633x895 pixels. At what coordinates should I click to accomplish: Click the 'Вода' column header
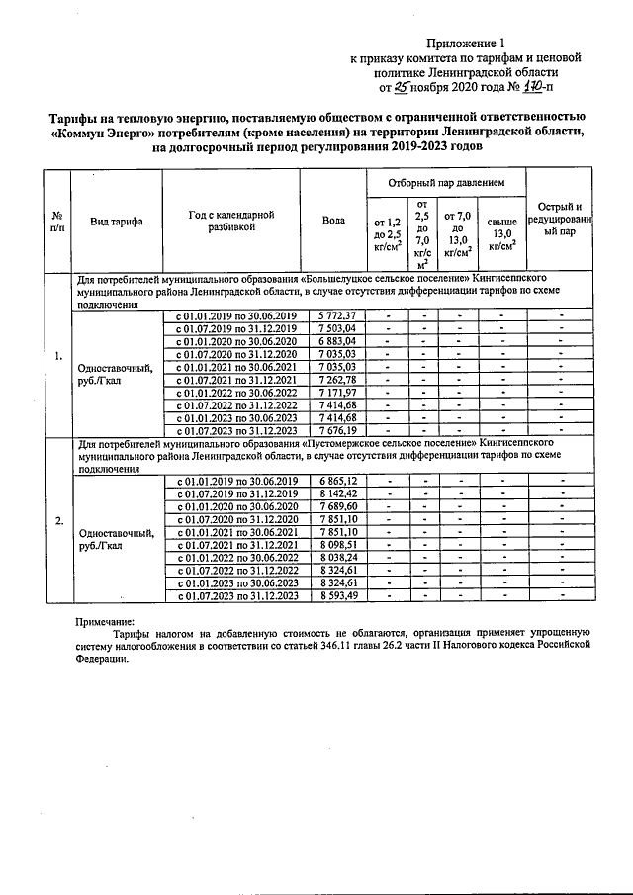click(x=334, y=221)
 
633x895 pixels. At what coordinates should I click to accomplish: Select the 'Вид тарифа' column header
click(x=116, y=222)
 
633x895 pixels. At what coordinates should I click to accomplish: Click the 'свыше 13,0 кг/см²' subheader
click(x=502, y=238)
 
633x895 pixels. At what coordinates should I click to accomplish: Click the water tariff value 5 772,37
click(x=337, y=315)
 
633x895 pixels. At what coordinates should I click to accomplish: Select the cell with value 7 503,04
click(x=337, y=328)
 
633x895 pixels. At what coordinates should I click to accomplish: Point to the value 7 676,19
click(x=337, y=430)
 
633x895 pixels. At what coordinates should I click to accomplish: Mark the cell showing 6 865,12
click(x=337, y=480)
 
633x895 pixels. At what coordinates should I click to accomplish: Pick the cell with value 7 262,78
click(x=337, y=379)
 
